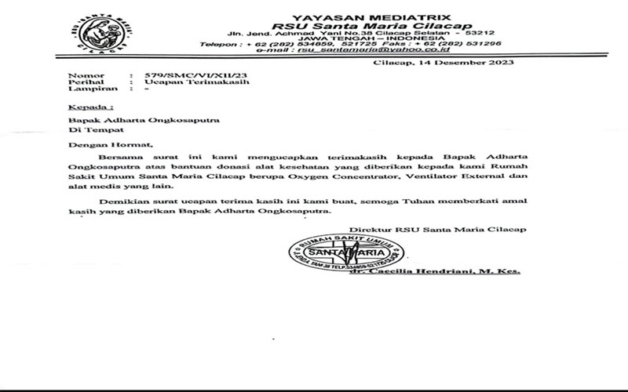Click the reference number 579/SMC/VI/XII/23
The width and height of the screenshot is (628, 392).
coord(177,73)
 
